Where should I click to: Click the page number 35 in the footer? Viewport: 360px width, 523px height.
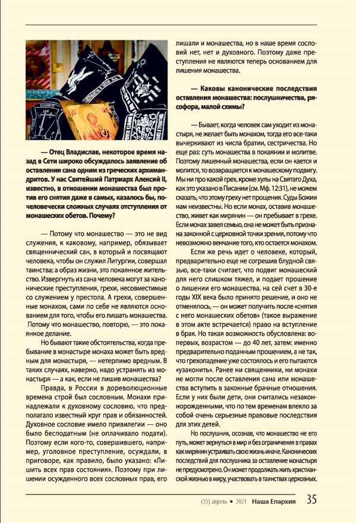point(311,500)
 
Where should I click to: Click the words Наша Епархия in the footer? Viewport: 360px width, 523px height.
point(276,500)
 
